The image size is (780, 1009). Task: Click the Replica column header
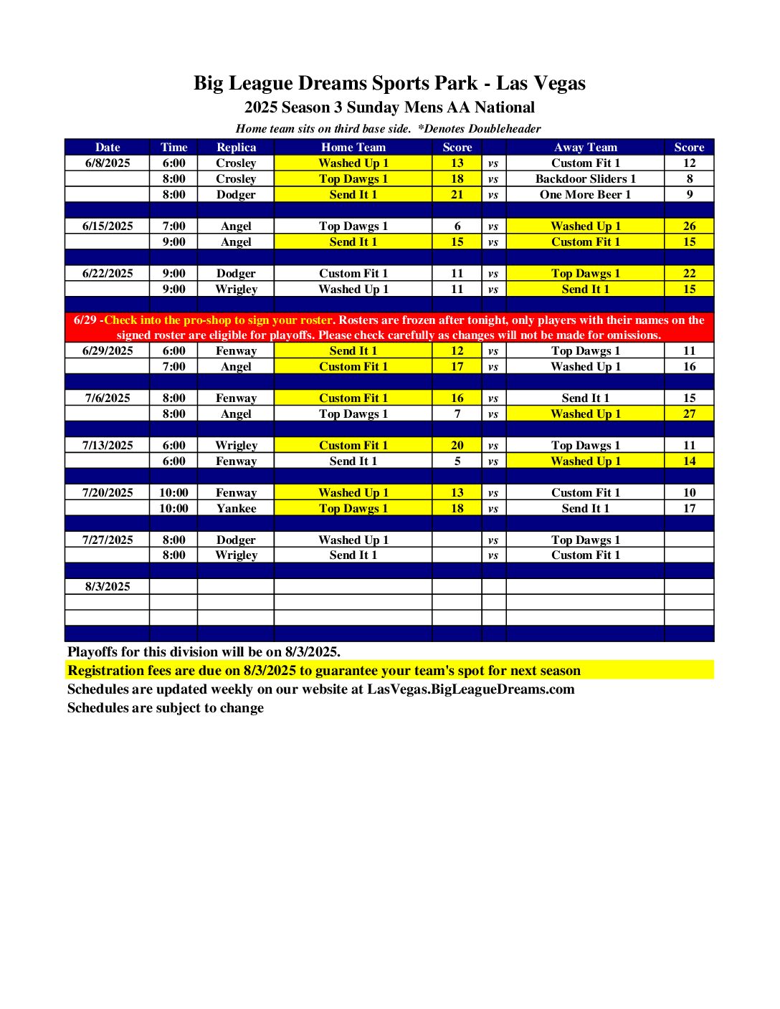pos(236,147)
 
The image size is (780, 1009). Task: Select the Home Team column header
pos(353,147)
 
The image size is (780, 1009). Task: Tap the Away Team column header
pos(585,147)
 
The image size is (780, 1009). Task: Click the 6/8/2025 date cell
pos(108,163)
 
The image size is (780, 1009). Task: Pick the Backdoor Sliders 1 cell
pos(585,178)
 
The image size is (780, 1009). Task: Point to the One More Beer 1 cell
pos(585,194)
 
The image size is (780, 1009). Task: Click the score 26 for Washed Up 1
pos(689,226)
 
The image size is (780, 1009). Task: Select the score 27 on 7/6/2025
pos(689,413)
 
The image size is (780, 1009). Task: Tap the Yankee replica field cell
pos(236,508)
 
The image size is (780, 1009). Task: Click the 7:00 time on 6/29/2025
pos(173,366)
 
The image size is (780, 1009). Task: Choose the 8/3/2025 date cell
pos(108,586)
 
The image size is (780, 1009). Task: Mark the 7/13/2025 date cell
pos(108,445)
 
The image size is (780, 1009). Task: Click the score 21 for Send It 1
pos(457,194)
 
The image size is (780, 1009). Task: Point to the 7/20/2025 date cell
pos(108,492)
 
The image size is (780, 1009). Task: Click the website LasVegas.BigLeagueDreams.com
pos(470,689)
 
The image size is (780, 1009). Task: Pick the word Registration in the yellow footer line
pos(105,671)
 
